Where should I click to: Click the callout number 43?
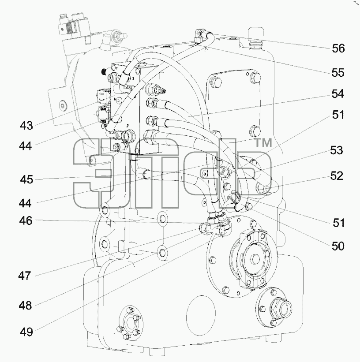tap(26, 126)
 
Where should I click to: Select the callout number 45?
tap(26, 179)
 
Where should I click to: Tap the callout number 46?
tap(26, 221)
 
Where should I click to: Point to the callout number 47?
tap(25, 276)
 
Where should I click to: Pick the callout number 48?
tap(25, 306)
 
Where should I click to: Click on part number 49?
tap(26, 332)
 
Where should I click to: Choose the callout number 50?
tap(338, 246)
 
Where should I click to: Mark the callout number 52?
tap(337, 176)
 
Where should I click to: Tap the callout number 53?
tap(337, 150)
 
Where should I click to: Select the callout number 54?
tap(338, 94)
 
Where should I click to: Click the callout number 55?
tap(338, 73)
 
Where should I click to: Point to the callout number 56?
tap(338, 49)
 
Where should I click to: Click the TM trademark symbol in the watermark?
tap(263, 143)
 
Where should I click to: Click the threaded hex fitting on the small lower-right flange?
tap(281, 308)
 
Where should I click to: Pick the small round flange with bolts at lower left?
tap(130, 323)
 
